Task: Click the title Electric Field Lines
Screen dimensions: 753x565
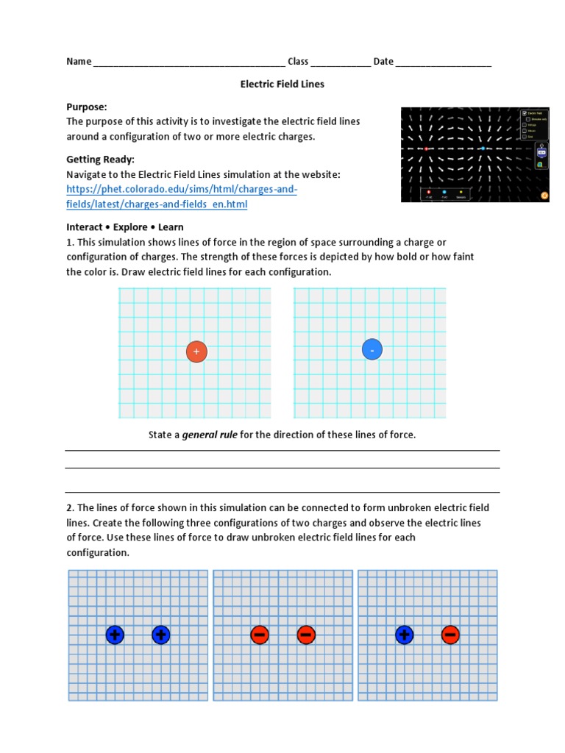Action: pos(282,84)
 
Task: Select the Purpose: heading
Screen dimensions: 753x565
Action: pos(87,107)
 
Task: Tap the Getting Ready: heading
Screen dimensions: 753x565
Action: pos(100,160)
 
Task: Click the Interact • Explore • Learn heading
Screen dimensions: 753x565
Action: pos(125,227)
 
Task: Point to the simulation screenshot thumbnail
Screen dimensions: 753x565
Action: pos(475,154)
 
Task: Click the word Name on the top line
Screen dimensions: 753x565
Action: pos(79,61)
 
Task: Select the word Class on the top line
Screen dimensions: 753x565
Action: pos(298,61)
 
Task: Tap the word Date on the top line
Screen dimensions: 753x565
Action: pos(383,61)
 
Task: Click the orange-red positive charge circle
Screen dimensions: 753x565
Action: pos(196,352)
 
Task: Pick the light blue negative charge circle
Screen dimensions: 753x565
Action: pos(372,350)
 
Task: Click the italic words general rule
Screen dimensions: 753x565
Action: pos(210,435)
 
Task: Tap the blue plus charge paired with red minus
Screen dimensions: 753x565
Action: pos(404,635)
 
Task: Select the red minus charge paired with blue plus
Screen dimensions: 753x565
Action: pos(451,635)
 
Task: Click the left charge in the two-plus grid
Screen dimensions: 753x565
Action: pos(115,635)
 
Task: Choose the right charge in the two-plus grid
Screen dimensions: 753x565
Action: pos(161,635)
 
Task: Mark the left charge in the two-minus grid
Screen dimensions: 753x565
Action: pos(260,635)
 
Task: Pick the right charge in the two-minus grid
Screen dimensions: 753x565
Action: pos(307,635)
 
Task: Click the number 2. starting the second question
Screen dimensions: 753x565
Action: pos(70,508)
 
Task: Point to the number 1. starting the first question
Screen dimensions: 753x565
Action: pos(70,242)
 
